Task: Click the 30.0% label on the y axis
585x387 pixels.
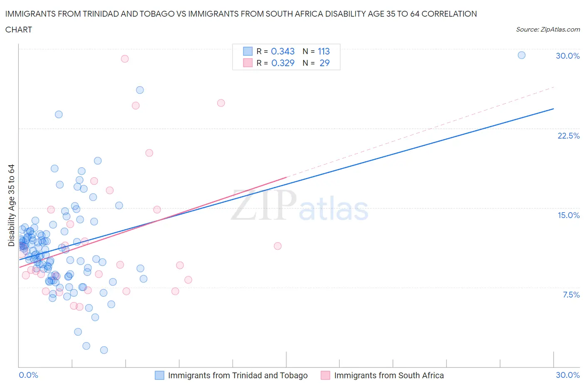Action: point(568,56)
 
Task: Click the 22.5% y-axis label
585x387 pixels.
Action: point(568,136)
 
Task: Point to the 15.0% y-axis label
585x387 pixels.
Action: point(568,215)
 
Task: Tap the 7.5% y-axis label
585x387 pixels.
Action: point(571,295)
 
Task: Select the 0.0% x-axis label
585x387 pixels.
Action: point(28,375)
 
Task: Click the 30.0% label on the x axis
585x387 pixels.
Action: point(568,375)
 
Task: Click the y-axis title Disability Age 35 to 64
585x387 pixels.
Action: point(11,205)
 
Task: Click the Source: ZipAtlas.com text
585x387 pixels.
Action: point(548,29)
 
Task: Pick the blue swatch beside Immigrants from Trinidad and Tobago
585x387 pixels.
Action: point(159,375)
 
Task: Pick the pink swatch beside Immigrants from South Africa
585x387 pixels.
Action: point(325,375)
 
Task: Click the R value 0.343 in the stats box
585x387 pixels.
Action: point(283,51)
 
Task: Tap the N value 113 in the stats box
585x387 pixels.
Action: point(324,51)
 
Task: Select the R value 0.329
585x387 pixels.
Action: point(283,63)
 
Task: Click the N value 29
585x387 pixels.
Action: point(325,63)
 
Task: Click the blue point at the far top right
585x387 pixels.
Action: point(521,55)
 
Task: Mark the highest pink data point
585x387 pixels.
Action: point(124,59)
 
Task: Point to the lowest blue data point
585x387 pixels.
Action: point(104,350)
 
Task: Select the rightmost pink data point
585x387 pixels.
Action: point(278,246)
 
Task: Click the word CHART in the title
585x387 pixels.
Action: point(19,30)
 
